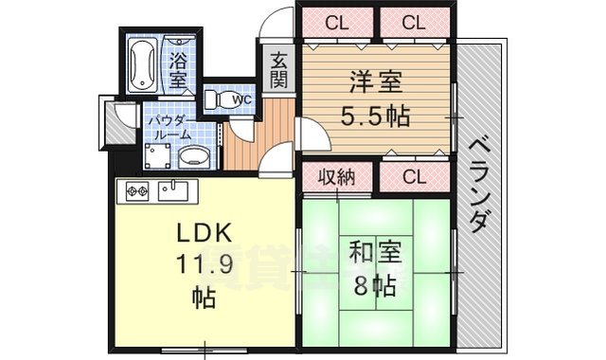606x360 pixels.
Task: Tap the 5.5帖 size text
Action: pyautogui.click(x=375, y=117)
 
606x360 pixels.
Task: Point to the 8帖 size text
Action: pyautogui.click(x=376, y=285)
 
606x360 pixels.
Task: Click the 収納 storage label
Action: pyautogui.click(x=335, y=176)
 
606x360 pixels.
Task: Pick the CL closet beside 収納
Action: pyautogui.click(x=412, y=176)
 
